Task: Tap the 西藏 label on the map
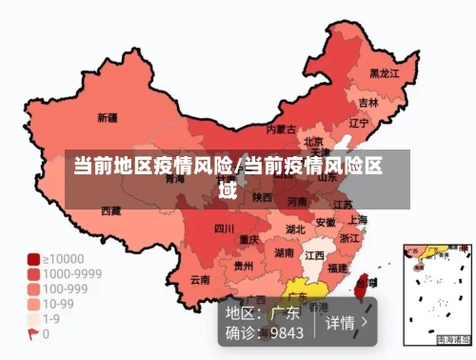110,210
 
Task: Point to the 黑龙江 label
384,72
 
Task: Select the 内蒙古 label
280,128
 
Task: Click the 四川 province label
224,229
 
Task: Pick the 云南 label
199,280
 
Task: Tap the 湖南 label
284,253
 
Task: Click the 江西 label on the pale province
313,256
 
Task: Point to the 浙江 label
349,238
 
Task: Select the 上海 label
358,219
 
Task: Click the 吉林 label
368,102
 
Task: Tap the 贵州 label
244,266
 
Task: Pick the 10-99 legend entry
56,304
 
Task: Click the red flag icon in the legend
32,334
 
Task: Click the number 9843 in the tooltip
287,332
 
